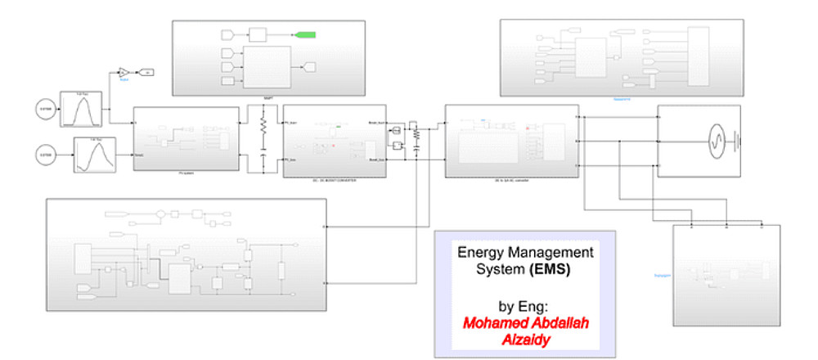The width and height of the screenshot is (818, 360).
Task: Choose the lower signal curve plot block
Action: pos(93,154)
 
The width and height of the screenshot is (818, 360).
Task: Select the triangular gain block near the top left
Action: pos(123,71)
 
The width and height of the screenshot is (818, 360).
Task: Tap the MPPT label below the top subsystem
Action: pos(267,97)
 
